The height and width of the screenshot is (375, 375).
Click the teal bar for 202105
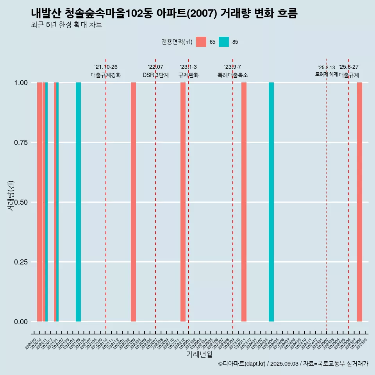(78, 202)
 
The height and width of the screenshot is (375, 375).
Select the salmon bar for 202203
(133, 202)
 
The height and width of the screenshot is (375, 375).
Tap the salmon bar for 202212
(183, 202)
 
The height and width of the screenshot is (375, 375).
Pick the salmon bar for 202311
(244, 202)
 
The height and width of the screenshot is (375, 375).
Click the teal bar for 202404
(271, 202)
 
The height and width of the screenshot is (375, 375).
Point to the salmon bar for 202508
(359, 202)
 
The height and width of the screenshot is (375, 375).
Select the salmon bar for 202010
(39, 202)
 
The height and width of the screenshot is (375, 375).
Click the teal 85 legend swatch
(224, 42)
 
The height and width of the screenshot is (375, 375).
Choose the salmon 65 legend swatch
(201, 42)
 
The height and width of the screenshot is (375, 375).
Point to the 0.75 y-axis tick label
(21, 143)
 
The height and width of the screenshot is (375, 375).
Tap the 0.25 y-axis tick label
(21, 262)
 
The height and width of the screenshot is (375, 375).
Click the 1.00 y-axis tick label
(21, 83)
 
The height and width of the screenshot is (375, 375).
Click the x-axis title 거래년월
(199, 354)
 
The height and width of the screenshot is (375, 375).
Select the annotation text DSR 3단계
(155, 75)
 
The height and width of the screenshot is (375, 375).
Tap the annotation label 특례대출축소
(233, 75)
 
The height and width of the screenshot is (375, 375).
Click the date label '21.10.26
(106, 67)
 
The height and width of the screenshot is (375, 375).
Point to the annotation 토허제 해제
(326, 74)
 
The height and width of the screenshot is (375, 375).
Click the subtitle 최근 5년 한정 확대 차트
(66, 25)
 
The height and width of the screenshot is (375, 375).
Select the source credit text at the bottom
(293, 364)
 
